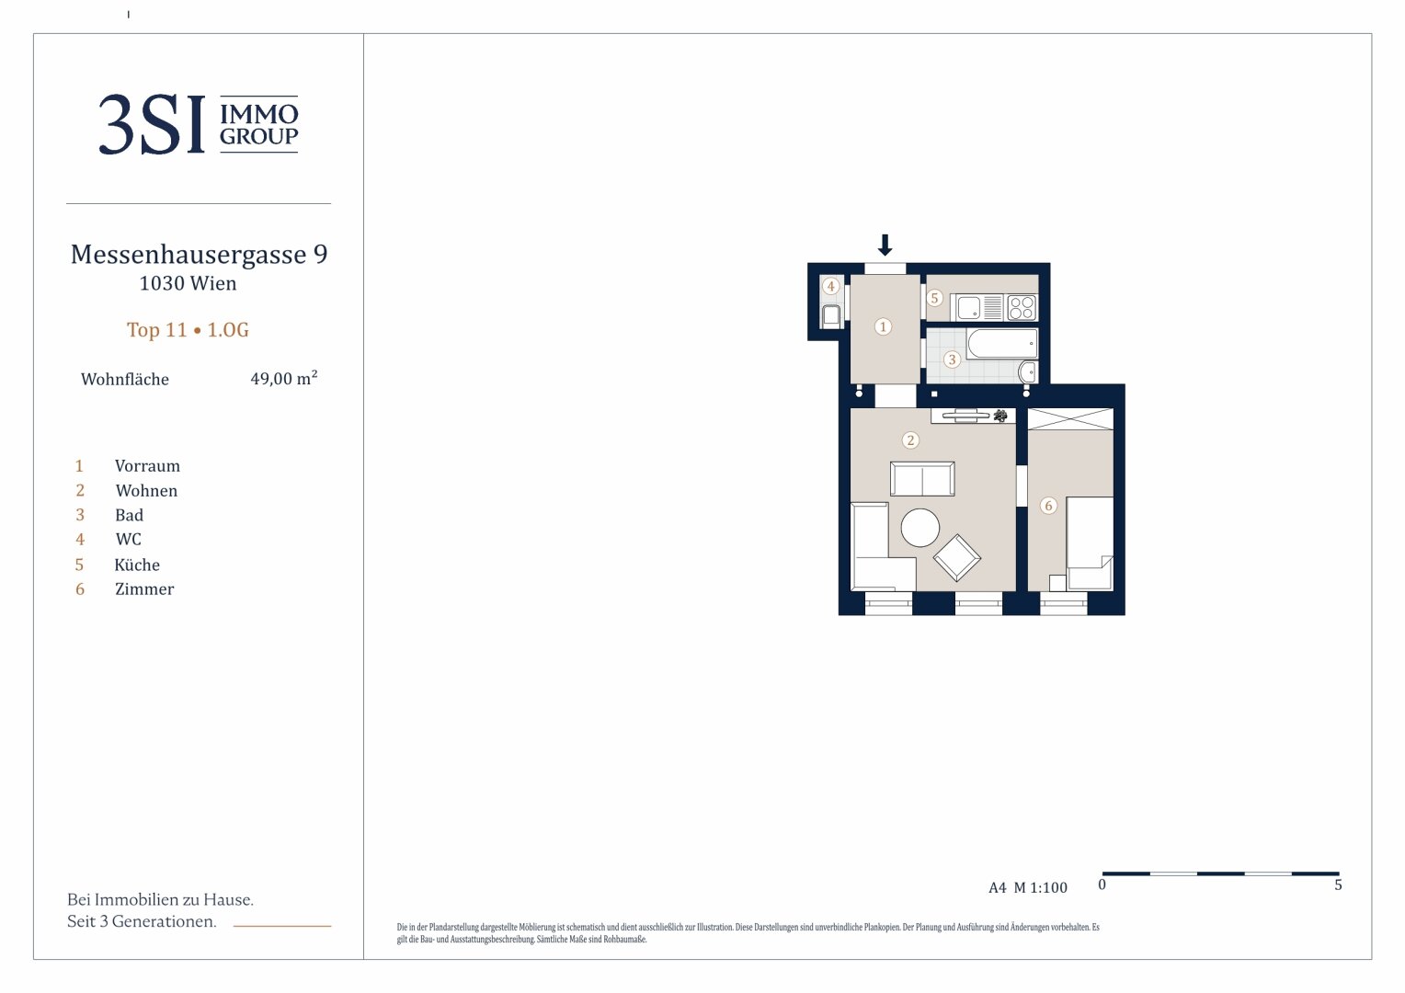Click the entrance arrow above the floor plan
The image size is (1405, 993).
[885, 245]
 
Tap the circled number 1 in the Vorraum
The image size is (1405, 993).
[883, 326]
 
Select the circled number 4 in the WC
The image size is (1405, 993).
[830, 287]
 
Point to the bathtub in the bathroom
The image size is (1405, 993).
[1001, 343]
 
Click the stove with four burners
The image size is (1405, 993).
[1022, 308]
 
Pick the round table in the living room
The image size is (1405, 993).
[920, 528]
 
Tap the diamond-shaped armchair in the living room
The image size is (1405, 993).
[956, 557]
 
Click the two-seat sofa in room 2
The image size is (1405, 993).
[922, 479]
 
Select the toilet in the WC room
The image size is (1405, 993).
[831, 315]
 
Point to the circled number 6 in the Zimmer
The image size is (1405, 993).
[1048, 506]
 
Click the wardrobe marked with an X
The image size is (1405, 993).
[1070, 419]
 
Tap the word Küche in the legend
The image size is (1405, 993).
[137, 565]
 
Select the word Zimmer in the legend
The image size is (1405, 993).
[144, 589]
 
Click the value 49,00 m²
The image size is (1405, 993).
[283, 378]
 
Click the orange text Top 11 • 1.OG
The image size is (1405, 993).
[188, 329]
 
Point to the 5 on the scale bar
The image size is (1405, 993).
[1338, 885]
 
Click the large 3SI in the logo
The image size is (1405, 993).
[152, 124]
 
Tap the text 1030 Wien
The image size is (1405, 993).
[188, 283]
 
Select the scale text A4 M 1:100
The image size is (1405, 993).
[1027, 887]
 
